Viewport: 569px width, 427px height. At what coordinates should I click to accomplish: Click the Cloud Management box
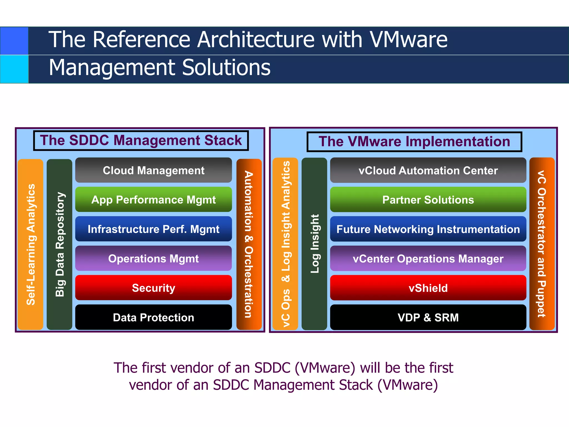point(153,170)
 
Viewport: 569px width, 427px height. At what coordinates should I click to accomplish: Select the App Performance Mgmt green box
point(153,200)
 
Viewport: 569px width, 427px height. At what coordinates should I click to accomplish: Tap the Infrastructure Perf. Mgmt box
point(153,229)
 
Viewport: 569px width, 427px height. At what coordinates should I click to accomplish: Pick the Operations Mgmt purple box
point(153,259)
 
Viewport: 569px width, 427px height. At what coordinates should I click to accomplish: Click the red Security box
point(153,288)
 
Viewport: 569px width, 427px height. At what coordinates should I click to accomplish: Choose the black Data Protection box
point(153,317)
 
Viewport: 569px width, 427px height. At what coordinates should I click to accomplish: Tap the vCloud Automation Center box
point(428,170)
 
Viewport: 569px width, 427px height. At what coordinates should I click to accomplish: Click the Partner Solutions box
point(428,200)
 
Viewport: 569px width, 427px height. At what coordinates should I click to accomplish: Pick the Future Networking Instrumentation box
point(428,229)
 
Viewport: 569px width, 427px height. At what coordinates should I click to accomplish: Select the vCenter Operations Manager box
point(428,259)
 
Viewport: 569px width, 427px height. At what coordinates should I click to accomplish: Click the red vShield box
point(428,288)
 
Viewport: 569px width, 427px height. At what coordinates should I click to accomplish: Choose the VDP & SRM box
point(428,317)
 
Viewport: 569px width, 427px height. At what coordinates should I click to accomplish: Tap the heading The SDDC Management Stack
point(141,140)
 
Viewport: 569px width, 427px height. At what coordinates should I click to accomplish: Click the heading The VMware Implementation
point(414,141)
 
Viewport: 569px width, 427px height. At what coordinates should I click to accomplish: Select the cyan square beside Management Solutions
point(14,69)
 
